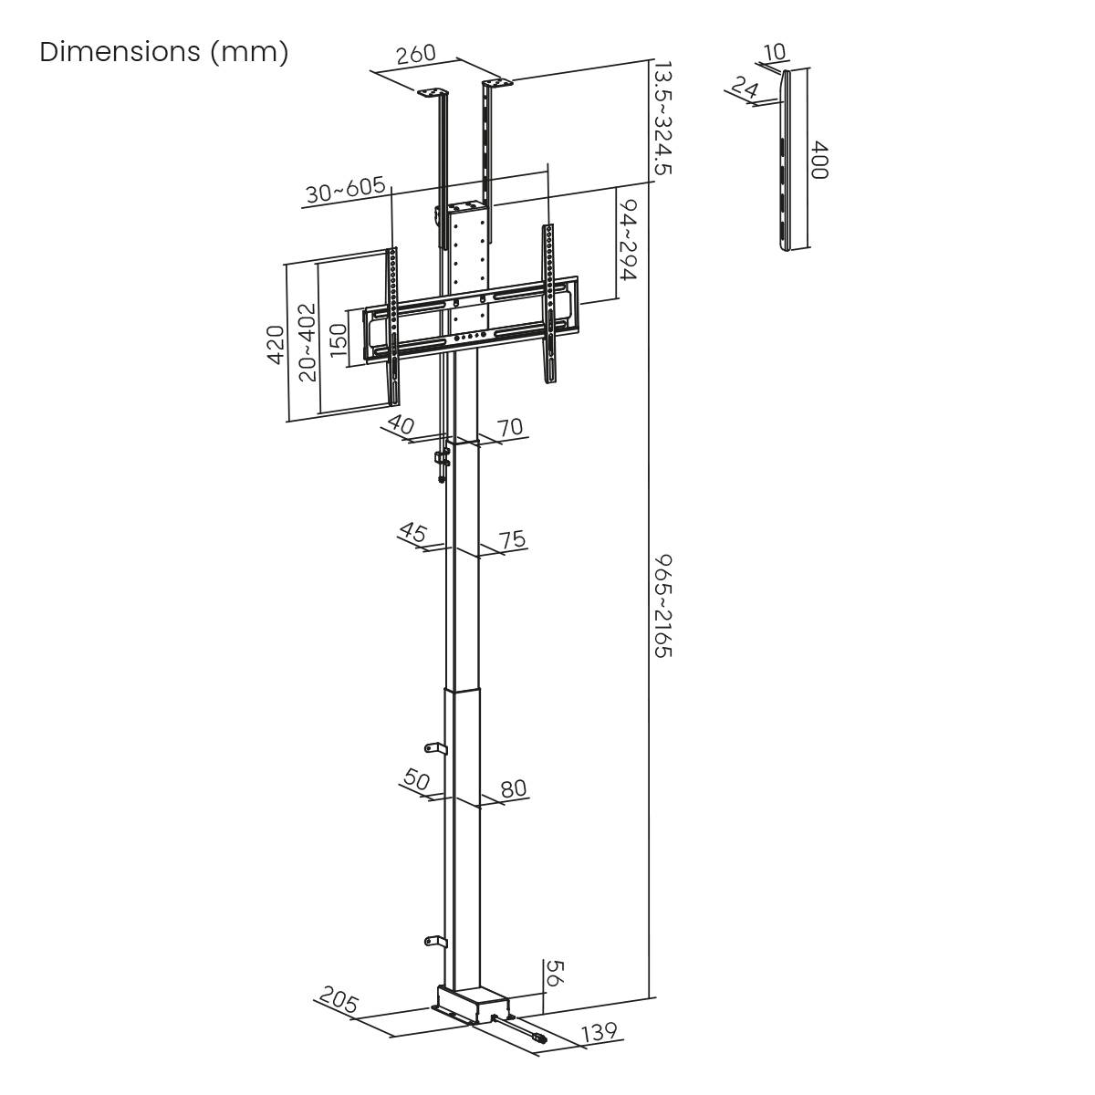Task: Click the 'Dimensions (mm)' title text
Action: click(164, 52)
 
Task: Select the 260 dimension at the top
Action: click(416, 55)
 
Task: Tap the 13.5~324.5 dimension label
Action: click(663, 119)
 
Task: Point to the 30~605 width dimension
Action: click(344, 191)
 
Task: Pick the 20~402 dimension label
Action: click(307, 342)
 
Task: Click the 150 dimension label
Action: click(339, 341)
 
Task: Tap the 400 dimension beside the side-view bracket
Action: click(819, 160)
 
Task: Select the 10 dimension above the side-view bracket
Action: click(775, 52)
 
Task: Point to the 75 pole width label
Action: click(513, 539)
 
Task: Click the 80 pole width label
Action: click(514, 788)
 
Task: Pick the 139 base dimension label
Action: click(599, 1032)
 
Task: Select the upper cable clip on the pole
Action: click(435, 748)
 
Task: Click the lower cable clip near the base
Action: click(435, 941)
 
